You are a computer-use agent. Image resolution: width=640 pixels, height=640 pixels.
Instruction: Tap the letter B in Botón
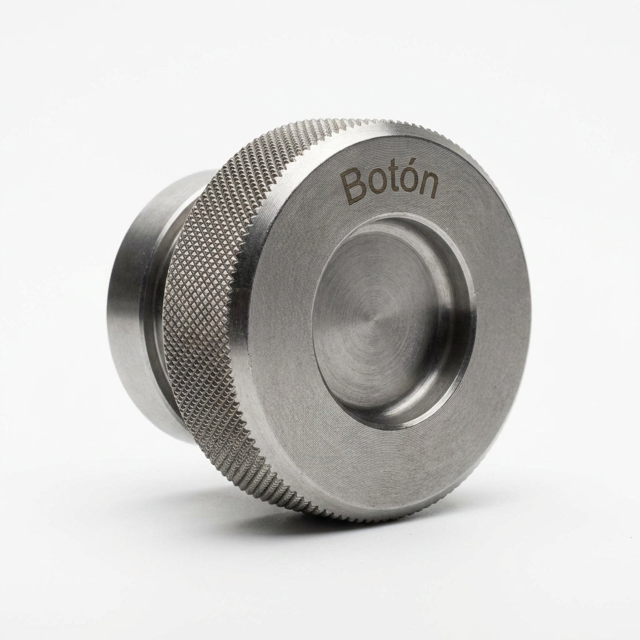coord(354,187)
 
